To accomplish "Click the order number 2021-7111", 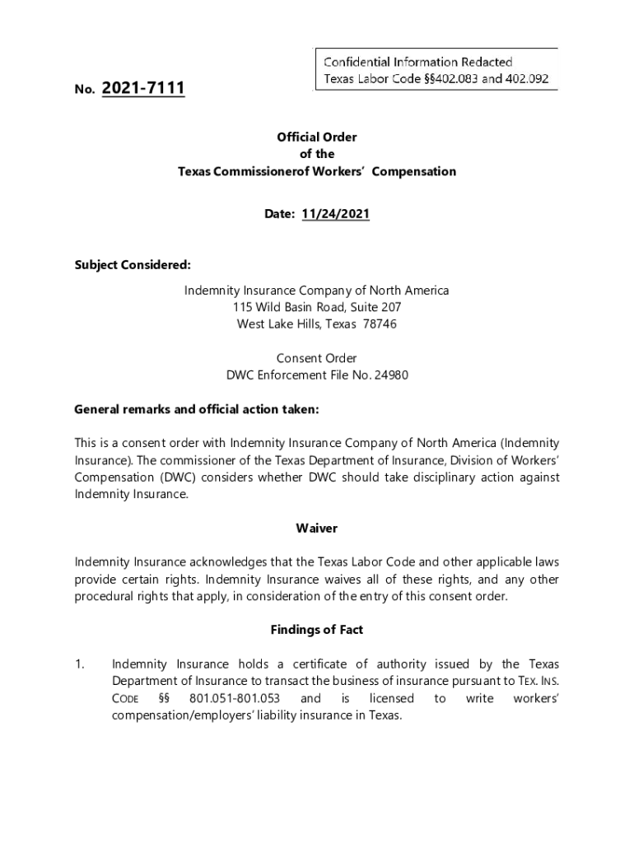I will pos(143,87).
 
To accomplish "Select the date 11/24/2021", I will pos(335,214).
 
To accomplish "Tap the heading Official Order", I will pos(317,137).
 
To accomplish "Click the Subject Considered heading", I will pos(133,264).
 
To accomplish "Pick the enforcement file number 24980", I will pos(392,375).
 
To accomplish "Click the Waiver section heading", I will pos(317,528).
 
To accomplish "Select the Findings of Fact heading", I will pos(317,630).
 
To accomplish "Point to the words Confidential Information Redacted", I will pos(418,62).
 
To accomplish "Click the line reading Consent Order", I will pos(317,358).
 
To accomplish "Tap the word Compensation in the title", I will pos(416,171).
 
